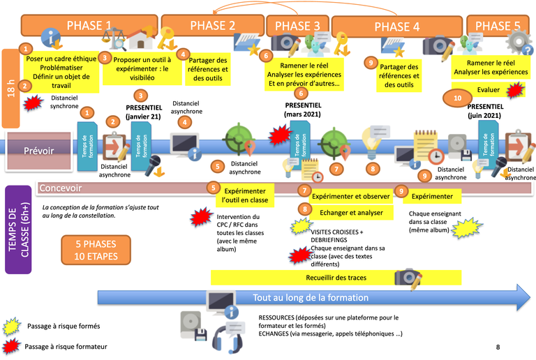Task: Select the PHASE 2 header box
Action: pyautogui.click(x=212, y=26)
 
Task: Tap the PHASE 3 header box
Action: pyautogui.click(x=297, y=27)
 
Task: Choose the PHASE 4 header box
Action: pyautogui.click(x=396, y=27)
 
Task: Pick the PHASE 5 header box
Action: pyautogui.click(x=497, y=27)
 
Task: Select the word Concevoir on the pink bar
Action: pyautogui.click(x=61, y=188)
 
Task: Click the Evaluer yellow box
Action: pyautogui.click(x=489, y=89)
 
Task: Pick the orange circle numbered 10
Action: pyautogui.click(x=457, y=99)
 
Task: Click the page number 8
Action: pyautogui.click(x=498, y=347)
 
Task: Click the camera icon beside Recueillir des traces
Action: pyautogui.click(x=408, y=278)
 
